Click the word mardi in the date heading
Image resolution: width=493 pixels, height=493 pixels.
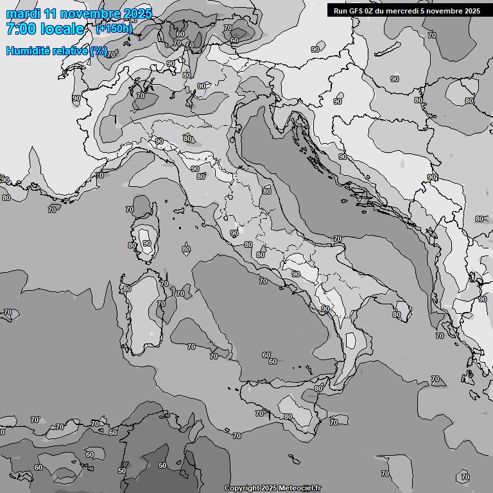click(x=24, y=13)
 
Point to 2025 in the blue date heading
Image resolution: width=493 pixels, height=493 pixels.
click(x=137, y=13)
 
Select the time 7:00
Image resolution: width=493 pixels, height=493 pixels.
click(x=21, y=29)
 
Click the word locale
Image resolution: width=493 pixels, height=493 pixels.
click(x=62, y=29)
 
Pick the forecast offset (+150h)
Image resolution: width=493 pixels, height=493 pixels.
click(x=114, y=28)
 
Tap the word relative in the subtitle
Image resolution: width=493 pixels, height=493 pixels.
click(x=71, y=51)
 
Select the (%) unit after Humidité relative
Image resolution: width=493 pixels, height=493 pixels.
click(x=99, y=51)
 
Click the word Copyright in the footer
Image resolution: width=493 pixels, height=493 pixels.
click(x=241, y=489)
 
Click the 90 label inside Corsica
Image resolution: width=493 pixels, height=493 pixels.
click(x=147, y=243)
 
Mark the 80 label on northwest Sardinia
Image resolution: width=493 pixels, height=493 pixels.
click(x=127, y=289)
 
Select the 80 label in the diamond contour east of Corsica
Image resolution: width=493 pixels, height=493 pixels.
click(x=186, y=249)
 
